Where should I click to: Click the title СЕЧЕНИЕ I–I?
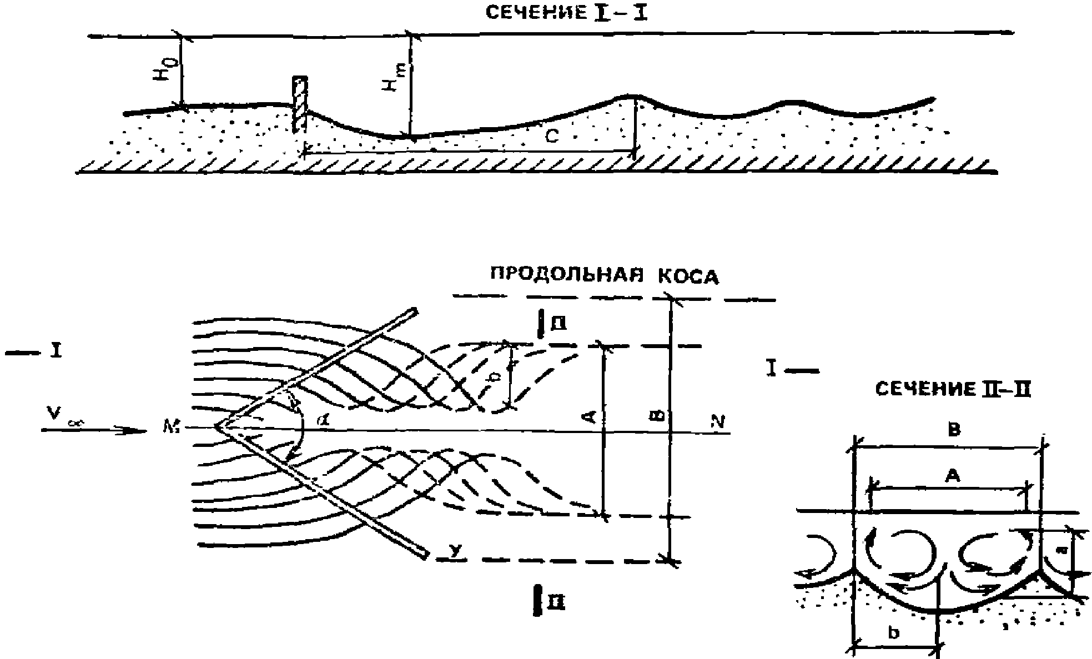(x=566, y=13)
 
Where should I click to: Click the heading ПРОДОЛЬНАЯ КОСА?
(x=604, y=276)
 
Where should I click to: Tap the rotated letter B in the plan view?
(x=657, y=416)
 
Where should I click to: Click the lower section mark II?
(x=551, y=601)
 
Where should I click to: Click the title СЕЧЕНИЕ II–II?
(x=953, y=390)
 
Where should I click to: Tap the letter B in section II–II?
(x=954, y=430)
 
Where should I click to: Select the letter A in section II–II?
(x=952, y=476)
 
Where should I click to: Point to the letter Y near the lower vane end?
(x=455, y=551)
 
